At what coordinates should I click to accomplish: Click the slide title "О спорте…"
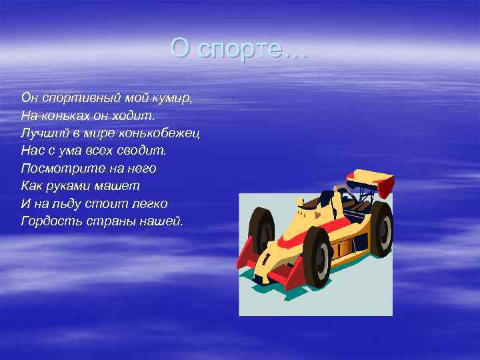[239, 48]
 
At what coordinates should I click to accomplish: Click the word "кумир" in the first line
[172, 98]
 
